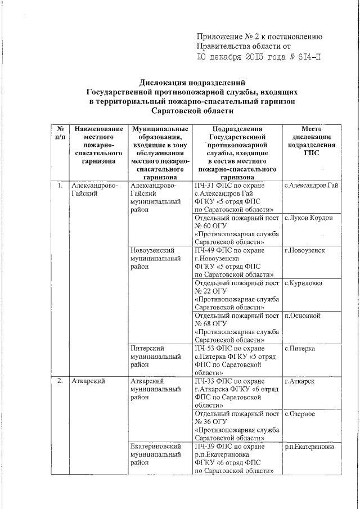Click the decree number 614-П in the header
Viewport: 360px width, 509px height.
point(306,57)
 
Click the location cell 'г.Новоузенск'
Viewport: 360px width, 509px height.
point(304,250)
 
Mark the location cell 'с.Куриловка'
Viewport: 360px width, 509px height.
point(303,283)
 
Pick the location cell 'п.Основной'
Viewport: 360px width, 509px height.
point(302,316)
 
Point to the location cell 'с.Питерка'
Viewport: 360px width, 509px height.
point(300,349)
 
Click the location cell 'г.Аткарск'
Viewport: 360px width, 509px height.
point(300,382)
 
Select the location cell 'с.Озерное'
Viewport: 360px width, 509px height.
point(300,415)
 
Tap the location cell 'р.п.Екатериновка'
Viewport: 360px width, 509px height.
point(309,447)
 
